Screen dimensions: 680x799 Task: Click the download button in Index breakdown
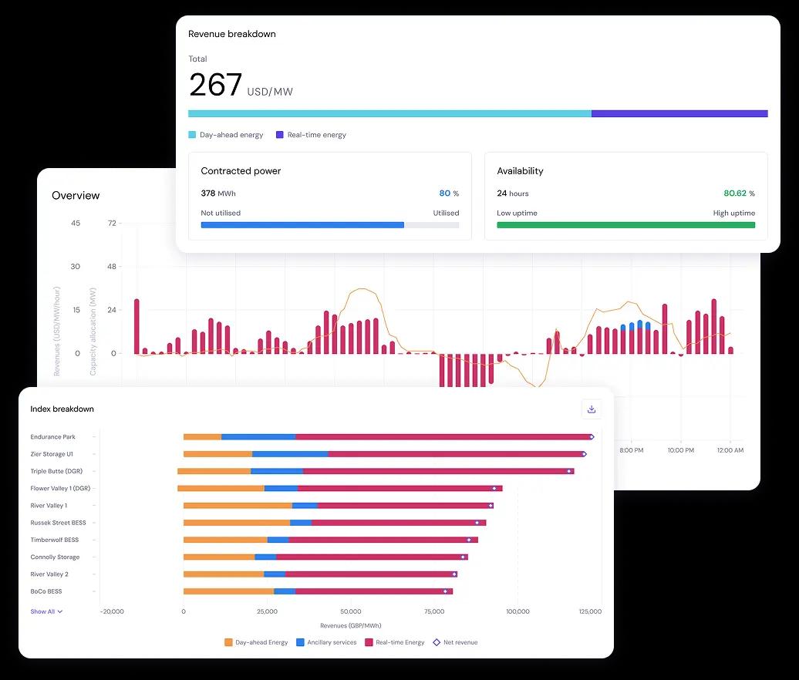pyautogui.click(x=592, y=409)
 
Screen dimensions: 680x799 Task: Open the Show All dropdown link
pyautogui.click(x=46, y=611)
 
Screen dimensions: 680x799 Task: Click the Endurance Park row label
pyautogui.click(x=52, y=437)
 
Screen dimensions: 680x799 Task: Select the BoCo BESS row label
pyautogui.click(x=46, y=591)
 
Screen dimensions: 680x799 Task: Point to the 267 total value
pyautogui.click(x=216, y=85)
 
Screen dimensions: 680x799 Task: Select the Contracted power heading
pyautogui.click(x=241, y=171)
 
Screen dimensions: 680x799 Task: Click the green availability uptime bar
pyautogui.click(x=625, y=225)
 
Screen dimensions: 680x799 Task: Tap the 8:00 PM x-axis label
pyautogui.click(x=631, y=449)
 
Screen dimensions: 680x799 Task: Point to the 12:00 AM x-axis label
pyautogui.click(x=730, y=449)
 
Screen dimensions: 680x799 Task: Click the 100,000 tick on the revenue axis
pyautogui.click(x=517, y=611)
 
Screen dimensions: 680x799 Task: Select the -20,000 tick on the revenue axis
pyautogui.click(x=112, y=611)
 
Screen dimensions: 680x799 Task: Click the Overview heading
pyautogui.click(x=76, y=196)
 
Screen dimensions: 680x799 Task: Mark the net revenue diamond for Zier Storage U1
pyautogui.click(x=584, y=454)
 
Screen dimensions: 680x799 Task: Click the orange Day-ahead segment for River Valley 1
pyautogui.click(x=238, y=506)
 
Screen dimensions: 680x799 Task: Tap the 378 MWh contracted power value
pyautogui.click(x=219, y=194)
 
